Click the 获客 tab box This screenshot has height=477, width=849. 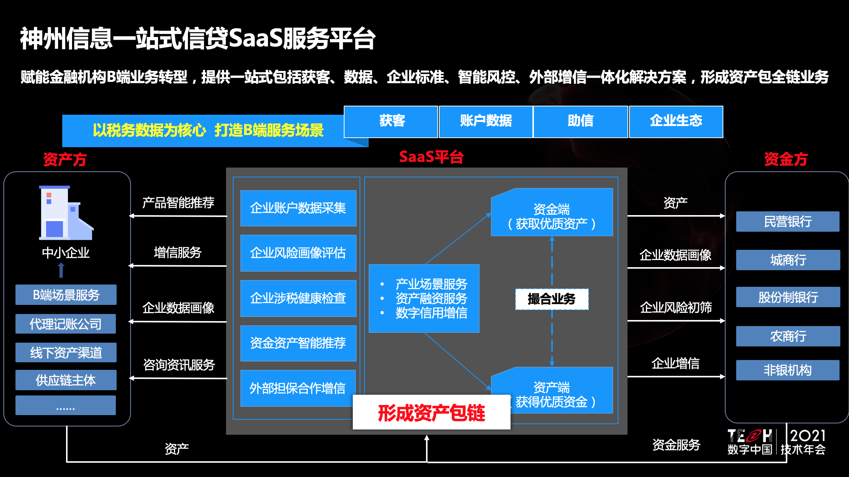391,122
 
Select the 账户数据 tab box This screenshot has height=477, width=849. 486,122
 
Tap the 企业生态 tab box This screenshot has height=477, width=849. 676,122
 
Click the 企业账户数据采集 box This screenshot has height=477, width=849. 298,208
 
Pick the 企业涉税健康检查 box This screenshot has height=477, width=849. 298,298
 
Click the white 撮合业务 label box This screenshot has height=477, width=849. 552,299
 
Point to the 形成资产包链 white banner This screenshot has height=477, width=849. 431,412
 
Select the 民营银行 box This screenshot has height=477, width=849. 787,222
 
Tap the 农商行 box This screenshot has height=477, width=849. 788,336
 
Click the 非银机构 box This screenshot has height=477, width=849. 787,370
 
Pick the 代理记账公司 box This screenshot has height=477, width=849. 66,324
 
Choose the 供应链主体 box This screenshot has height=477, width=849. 66,380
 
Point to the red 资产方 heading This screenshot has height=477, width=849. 65,159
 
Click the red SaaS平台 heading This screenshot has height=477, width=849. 431,157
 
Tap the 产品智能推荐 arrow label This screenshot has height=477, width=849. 178,203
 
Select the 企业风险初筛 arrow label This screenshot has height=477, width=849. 676,308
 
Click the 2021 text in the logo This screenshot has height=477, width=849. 807,436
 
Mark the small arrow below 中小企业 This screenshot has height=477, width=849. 61,270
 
